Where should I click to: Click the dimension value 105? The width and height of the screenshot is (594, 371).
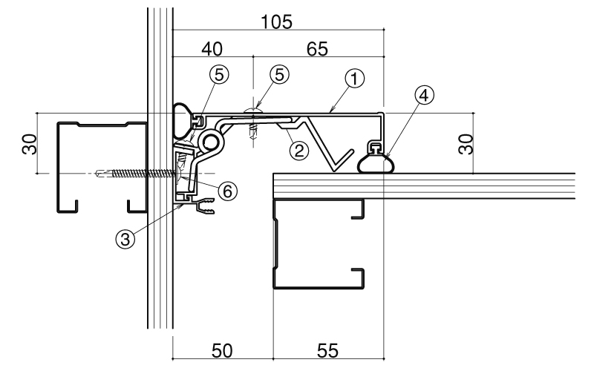click(276, 22)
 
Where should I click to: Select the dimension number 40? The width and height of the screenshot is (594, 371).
click(212, 49)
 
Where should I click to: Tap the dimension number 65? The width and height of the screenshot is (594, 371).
click(317, 49)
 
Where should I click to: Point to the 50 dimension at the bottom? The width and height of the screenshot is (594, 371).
click(222, 351)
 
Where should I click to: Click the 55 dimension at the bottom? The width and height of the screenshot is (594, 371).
click(327, 351)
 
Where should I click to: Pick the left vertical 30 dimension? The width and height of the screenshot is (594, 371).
click(30, 144)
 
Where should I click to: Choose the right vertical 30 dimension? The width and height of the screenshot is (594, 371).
click(466, 144)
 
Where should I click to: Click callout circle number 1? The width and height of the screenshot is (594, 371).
click(355, 79)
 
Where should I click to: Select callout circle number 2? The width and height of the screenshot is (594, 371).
click(299, 151)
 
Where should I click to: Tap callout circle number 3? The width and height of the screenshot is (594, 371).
click(125, 239)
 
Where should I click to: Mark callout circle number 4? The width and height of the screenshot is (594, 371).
click(424, 95)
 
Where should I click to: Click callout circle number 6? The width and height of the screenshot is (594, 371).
click(227, 191)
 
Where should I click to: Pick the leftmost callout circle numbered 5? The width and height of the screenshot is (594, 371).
click(219, 75)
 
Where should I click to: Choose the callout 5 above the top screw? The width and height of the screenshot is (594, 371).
click(280, 75)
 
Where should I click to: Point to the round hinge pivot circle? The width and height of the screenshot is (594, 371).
click(211, 142)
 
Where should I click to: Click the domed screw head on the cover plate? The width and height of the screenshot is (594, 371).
click(253, 110)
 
